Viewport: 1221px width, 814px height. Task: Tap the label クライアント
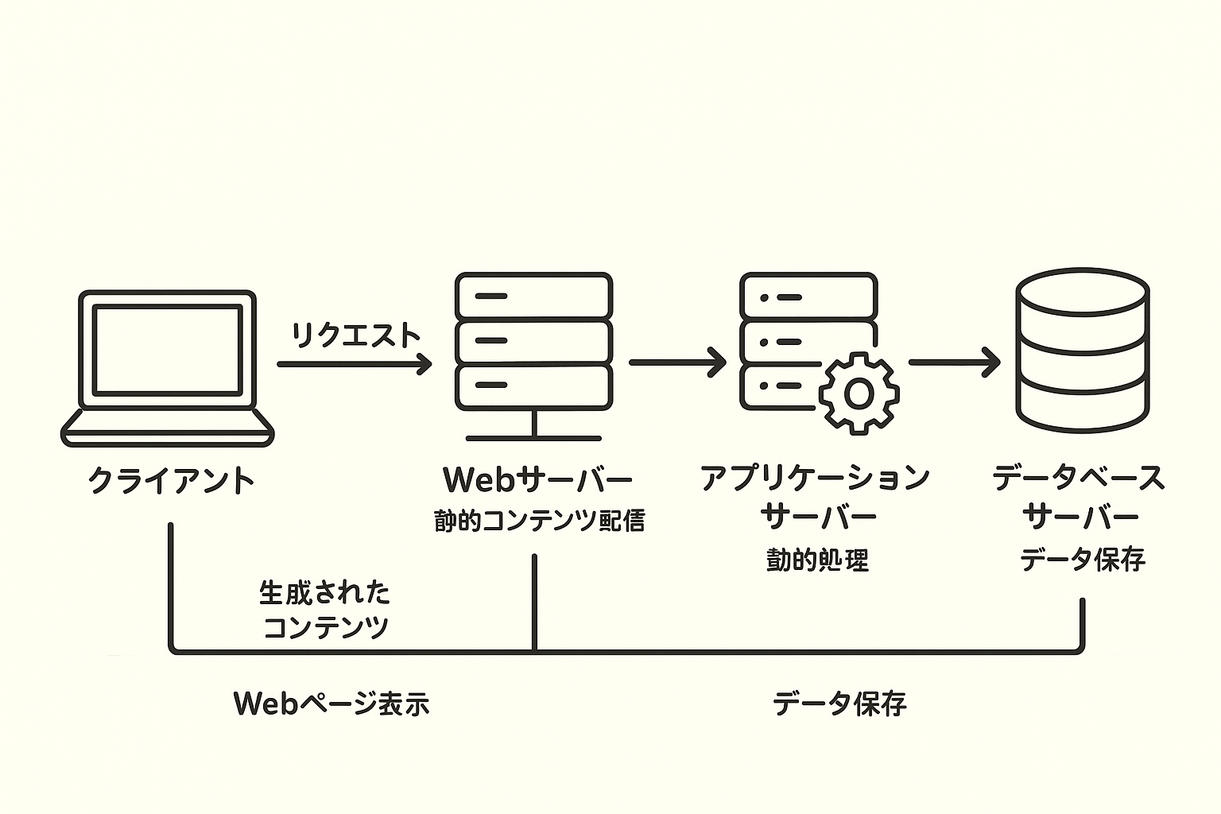170,481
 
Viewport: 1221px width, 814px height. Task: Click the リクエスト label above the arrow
355,335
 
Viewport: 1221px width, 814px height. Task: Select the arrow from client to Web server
354,364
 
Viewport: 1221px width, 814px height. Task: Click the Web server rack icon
533,342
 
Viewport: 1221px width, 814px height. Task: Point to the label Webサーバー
537,479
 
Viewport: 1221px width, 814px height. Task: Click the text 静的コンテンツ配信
539,521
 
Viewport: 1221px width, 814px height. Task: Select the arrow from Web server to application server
676,362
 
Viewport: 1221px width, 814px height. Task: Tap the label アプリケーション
816,478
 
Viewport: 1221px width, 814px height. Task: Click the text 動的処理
817,560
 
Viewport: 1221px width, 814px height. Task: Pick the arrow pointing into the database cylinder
954,362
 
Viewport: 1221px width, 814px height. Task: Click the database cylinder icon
1083,350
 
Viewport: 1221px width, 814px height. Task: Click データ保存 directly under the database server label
1082,559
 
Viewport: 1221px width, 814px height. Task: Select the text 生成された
324,593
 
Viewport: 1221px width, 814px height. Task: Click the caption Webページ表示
331,704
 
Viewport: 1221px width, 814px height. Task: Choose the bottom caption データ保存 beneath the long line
839,704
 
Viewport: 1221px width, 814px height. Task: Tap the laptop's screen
167,350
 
